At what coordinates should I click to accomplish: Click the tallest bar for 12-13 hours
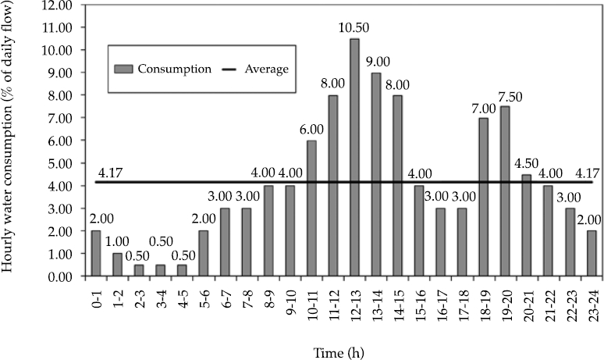click(354, 157)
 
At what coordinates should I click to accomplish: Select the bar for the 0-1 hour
click(96, 253)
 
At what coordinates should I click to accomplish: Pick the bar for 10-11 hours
click(311, 208)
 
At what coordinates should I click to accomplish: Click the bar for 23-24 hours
click(591, 253)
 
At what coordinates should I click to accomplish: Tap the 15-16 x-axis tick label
click(419, 301)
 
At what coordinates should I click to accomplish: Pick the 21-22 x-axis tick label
click(548, 301)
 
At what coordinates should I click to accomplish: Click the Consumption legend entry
click(164, 69)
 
